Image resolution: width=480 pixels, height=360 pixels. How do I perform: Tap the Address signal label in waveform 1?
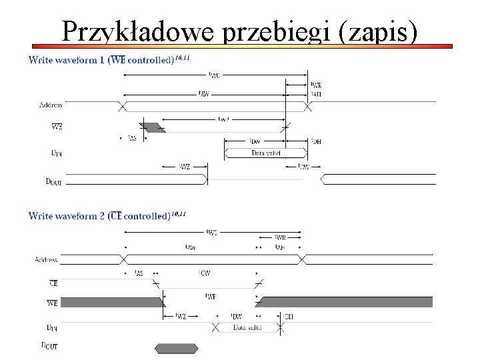click(51, 105)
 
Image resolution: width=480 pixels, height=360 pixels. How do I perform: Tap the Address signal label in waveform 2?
click(46, 259)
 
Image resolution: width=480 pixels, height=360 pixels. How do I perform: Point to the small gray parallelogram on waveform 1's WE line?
click(151, 127)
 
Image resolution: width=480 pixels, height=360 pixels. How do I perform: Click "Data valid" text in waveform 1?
click(266, 153)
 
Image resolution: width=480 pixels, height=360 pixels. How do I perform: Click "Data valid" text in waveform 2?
click(247, 327)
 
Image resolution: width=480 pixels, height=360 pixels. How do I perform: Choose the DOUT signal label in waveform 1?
click(53, 181)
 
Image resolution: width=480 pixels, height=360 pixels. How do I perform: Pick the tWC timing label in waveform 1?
click(215, 75)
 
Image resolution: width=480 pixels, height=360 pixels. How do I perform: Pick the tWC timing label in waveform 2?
click(212, 232)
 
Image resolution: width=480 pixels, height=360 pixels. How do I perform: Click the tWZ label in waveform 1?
click(185, 166)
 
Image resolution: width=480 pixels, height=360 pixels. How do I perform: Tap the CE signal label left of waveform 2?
click(53, 283)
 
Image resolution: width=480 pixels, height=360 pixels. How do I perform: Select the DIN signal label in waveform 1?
click(57, 153)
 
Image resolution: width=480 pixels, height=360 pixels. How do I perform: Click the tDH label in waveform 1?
click(316, 141)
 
